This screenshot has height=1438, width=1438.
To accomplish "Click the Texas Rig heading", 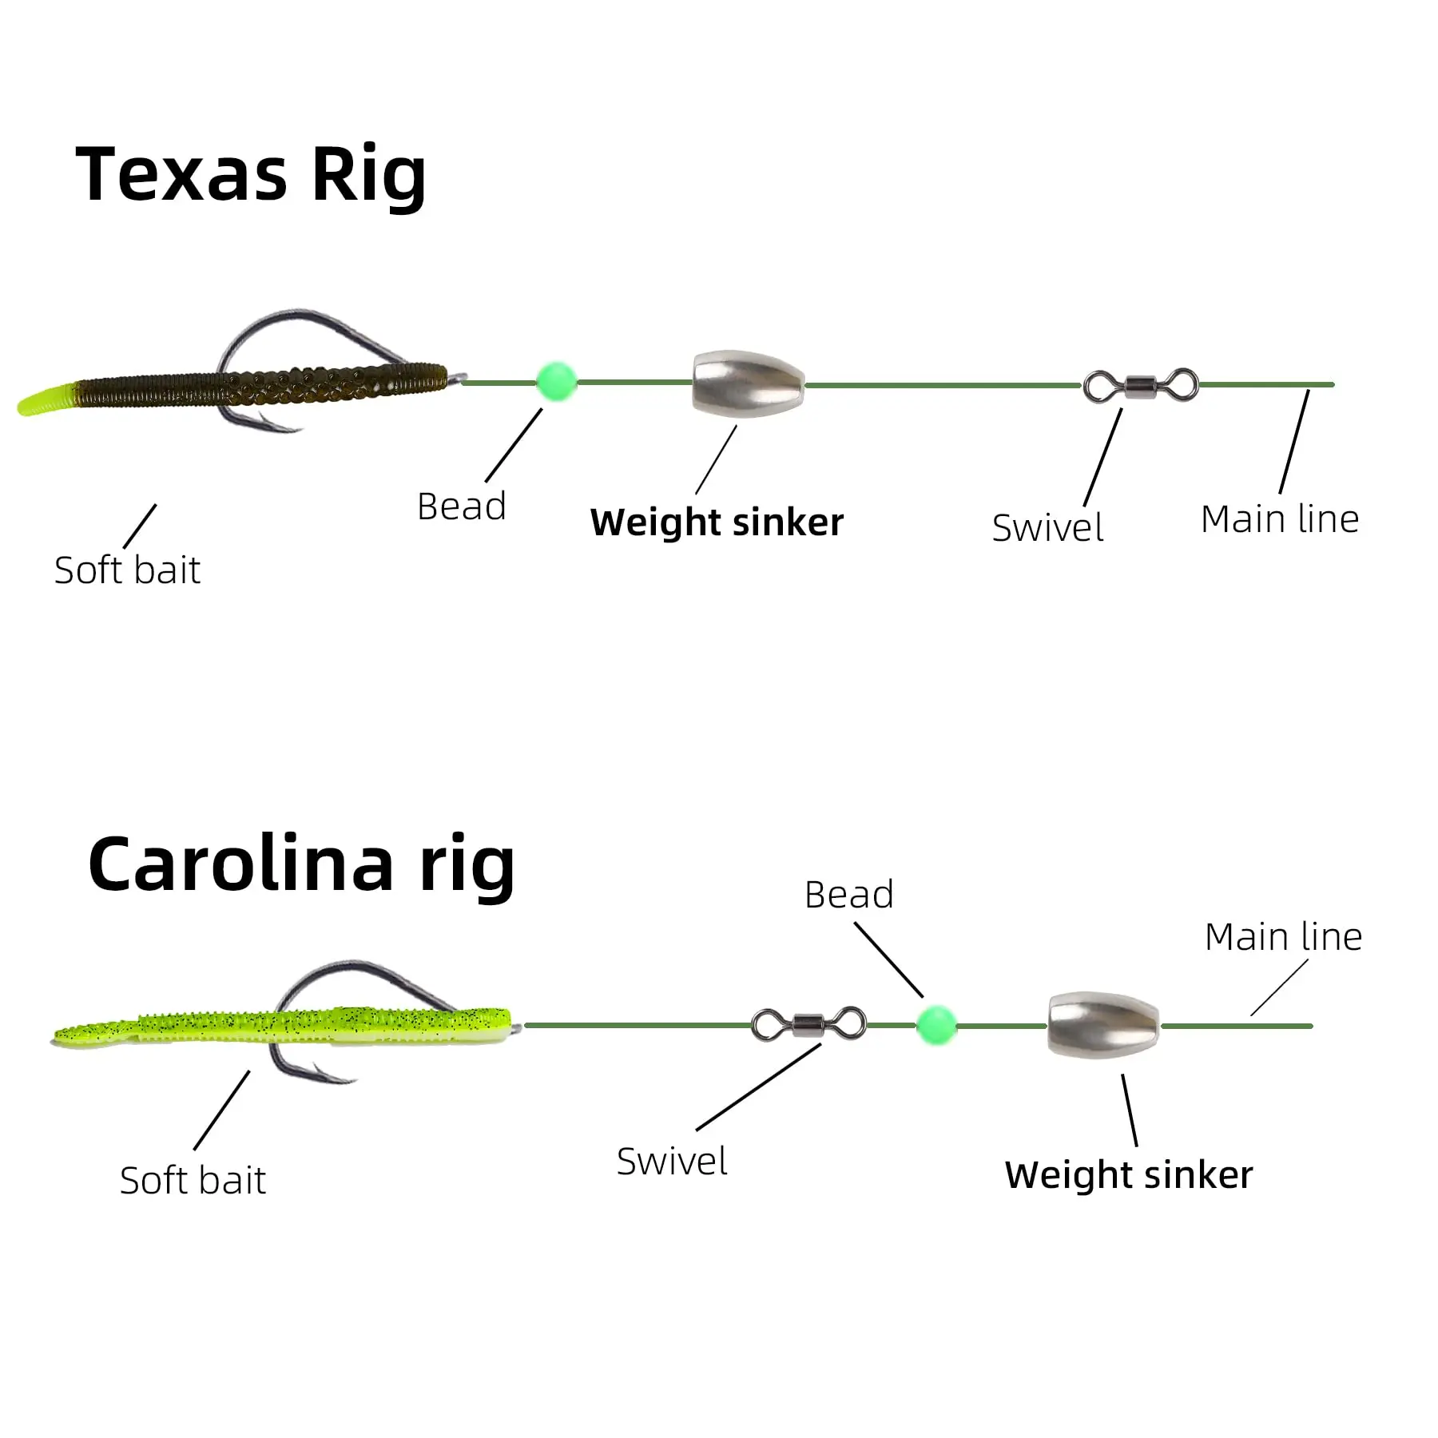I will (x=251, y=175).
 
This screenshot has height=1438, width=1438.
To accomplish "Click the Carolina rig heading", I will (x=301, y=865).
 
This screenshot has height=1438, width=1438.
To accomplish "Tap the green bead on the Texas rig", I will (x=556, y=381).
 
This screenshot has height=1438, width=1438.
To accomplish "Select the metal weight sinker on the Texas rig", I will (x=748, y=383).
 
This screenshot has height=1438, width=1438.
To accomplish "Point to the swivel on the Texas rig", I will (x=1141, y=385).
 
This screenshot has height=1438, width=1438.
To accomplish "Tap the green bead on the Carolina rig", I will (x=935, y=1024).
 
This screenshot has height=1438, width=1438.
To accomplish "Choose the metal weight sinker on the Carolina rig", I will (x=1103, y=1024).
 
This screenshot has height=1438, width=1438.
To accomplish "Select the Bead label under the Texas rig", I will (x=462, y=506).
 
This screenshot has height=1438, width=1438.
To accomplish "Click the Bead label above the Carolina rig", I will (x=848, y=895).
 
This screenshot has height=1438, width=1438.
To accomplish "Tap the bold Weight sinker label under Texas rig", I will (x=717, y=522).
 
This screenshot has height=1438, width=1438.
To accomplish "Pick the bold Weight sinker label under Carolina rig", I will (x=1128, y=1175).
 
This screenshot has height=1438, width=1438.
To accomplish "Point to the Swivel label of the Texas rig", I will (x=1047, y=528).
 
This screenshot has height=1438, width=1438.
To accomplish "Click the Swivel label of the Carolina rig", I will (x=672, y=1162).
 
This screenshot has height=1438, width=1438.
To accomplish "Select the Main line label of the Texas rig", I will (x=1279, y=519).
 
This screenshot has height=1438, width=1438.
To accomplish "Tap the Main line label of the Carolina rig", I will (x=1283, y=937).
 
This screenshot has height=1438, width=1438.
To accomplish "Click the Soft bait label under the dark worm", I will (x=127, y=570).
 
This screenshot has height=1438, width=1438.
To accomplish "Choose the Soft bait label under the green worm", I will (x=193, y=1181).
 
